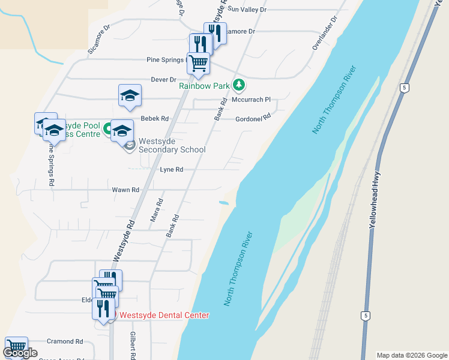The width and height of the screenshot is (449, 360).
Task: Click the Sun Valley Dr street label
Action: (x=247, y=10)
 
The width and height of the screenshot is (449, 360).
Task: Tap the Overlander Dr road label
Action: (x=325, y=33)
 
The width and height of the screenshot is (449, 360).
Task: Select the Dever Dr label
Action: (x=163, y=79)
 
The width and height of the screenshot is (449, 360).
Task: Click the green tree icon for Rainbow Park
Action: (x=239, y=85)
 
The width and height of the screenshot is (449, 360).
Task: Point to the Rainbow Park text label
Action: (x=204, y=86)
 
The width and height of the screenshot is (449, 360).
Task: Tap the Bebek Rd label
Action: (x=154, y=119)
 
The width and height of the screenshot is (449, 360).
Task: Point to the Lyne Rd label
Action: (x=171, y=170)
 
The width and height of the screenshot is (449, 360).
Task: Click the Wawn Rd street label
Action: (x=125, y=190)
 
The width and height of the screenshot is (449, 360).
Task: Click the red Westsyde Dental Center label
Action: (x=164, y=315)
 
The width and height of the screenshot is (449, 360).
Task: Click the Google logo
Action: (x=20, y=353)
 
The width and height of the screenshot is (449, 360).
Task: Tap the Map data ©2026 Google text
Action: (x=411, y=355)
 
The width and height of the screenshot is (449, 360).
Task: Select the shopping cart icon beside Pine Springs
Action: (x=198, y=62)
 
